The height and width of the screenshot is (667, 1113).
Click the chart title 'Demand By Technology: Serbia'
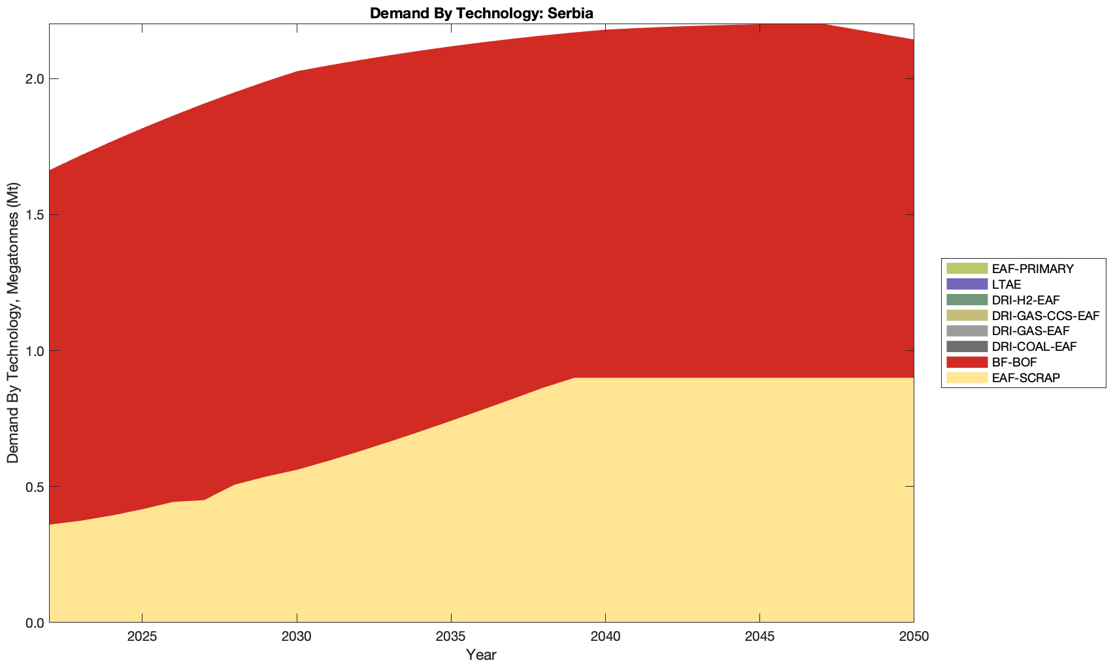coord(481,12)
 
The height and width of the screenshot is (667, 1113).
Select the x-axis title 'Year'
coord(481,655)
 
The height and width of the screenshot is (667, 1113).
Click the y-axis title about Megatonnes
coord(13,323)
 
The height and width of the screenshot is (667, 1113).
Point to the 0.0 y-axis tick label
coord(34,623)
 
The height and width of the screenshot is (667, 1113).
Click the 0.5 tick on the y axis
coord(34,487)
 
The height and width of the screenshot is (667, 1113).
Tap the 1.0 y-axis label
coord(34,351)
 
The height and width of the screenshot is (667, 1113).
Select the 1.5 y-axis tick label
coord(34,215)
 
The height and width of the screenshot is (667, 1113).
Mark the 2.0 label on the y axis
coord(34,79)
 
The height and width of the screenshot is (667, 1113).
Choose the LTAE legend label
coord(1006,284)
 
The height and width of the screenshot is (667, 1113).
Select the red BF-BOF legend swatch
coord(966,362)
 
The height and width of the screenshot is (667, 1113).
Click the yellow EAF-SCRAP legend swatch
coord(966,378)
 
